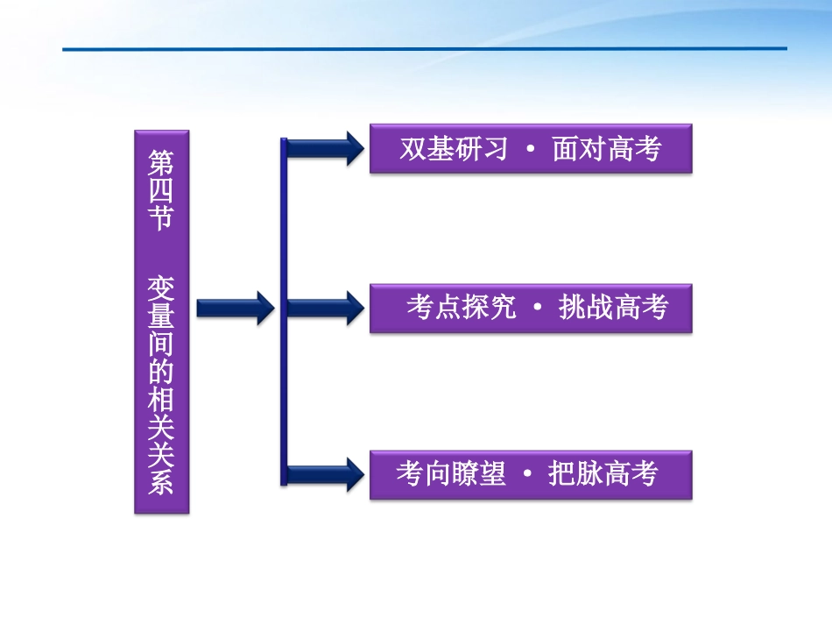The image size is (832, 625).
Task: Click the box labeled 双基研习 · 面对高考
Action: point(530,149)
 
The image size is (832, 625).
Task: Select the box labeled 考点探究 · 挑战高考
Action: point(530,308)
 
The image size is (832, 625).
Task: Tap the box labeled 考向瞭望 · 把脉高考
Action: point(530,474)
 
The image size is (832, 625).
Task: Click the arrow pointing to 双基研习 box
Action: point(324,148)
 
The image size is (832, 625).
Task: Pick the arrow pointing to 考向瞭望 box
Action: point(324,474)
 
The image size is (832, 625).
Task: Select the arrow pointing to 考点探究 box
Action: point(324,308)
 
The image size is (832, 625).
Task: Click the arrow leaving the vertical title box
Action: point(235,308)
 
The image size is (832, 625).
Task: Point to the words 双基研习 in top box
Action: point(454,149)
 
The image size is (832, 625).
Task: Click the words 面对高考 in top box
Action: point(606,149)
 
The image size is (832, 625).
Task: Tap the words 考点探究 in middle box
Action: point(461,308)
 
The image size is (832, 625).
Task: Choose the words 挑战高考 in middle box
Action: point(613,308)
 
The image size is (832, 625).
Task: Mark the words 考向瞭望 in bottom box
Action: point(450,474)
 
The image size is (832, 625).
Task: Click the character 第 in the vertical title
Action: point(161,160)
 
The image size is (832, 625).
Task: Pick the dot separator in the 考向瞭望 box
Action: point(527,475)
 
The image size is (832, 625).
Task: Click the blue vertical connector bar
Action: point(283,311)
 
